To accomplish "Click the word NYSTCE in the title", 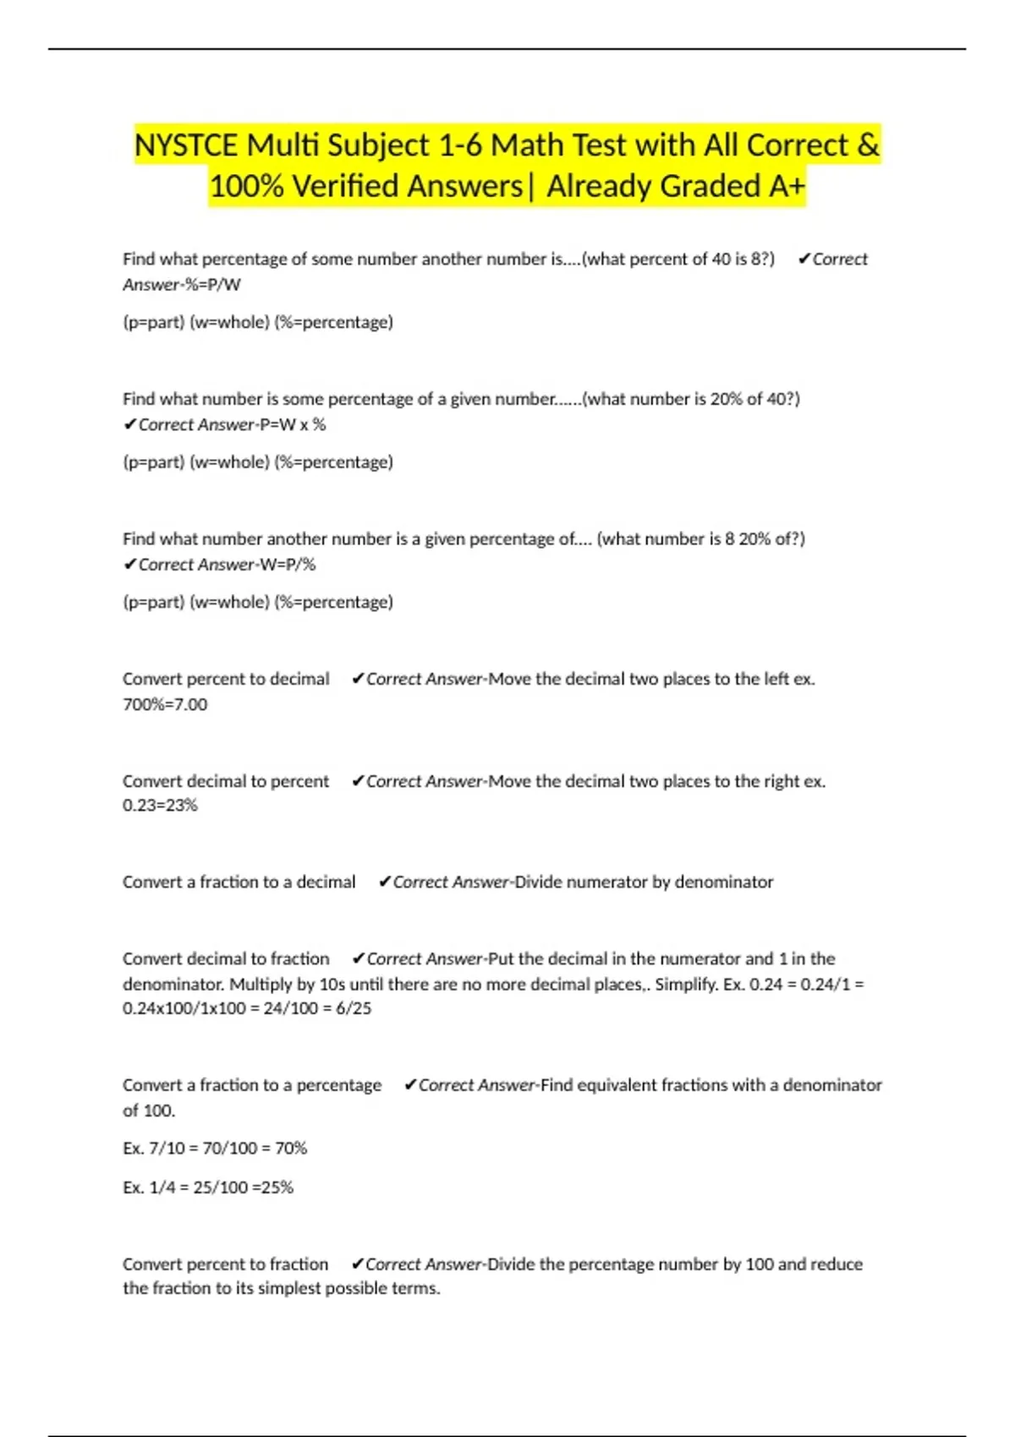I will tap(186, 145).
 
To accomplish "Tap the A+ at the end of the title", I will tap(786, 186).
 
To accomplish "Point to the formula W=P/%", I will tap(288, 565).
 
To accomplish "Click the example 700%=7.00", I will tap(165, 704).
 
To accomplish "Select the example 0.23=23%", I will tap(160, 806).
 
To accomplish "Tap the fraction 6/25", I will tap(354, 1008).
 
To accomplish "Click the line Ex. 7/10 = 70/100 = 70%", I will tap(215, 1148).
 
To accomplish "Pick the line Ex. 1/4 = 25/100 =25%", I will tap(208, 1188).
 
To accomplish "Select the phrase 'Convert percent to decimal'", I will tap(226, 679).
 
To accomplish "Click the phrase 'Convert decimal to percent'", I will tap(226, 781).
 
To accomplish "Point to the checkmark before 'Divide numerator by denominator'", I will tap(385, 882).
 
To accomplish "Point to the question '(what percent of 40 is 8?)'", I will tap(678, 260).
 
